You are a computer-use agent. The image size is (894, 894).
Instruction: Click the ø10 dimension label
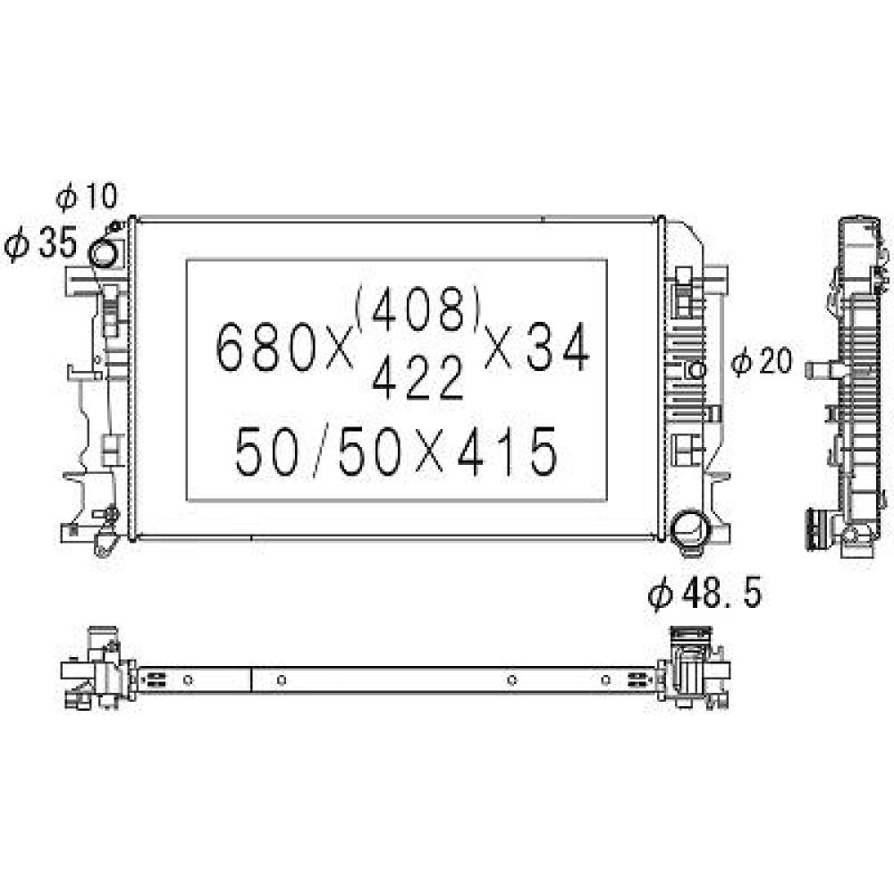pos(86,197)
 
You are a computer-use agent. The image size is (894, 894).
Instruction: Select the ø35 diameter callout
pos(41,244)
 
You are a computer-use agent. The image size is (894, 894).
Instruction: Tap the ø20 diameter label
pos(762,361)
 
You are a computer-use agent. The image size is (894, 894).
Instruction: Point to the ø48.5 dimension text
pos(706,594)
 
